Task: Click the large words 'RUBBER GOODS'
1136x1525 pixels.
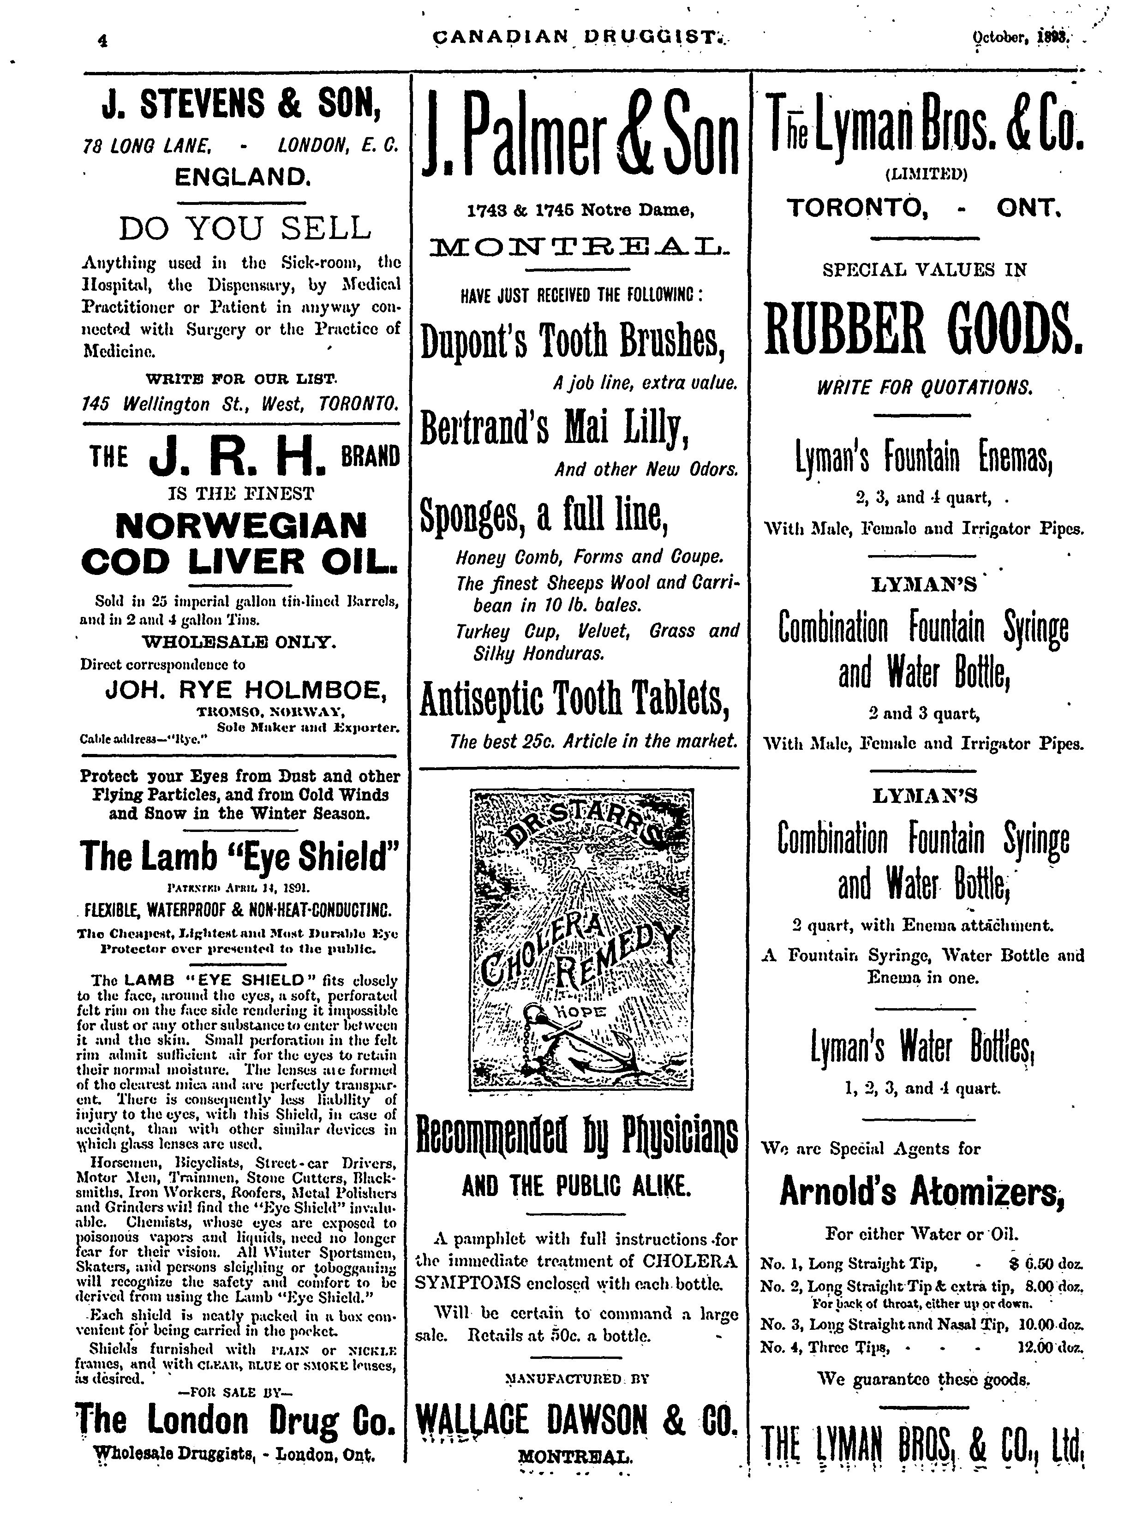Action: (x=923, y=326)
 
